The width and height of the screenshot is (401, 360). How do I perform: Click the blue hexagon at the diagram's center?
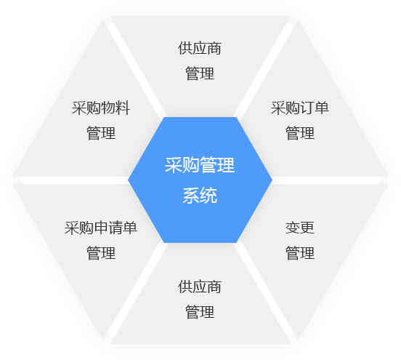(x=200, y=180)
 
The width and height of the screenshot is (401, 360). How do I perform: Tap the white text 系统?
(x=200, y=196)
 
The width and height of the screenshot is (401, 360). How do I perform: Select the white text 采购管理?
(x=200, y=165)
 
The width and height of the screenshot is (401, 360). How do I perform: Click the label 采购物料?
(x=101, y=108)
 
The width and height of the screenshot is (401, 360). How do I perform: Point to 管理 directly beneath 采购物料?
(x=101, y=133)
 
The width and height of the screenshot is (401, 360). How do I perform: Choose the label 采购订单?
(x=300, y=108)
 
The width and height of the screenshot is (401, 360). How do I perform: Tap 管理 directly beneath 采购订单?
(x=300, y=133)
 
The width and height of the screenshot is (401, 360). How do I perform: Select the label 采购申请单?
(x=101, y=228)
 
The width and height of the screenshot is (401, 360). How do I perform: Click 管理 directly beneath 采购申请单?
(x=101, y=252)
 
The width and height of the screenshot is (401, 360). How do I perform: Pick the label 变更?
(x=300, y=228)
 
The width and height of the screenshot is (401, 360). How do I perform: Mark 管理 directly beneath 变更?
(x=300, y=252)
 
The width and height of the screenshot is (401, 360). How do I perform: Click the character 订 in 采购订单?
(x=307, y=108)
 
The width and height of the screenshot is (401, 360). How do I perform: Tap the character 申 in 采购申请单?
(x=101, y=228)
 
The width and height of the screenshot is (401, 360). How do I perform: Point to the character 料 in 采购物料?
(x=123, y=108)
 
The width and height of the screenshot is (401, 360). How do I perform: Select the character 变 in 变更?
(x=293, y=228)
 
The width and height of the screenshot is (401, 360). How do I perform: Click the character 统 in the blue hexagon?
(x=208, y=196)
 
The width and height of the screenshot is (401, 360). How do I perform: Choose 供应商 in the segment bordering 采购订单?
(x=200, y=48)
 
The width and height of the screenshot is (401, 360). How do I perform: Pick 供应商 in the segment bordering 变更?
(x=200, y=287)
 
